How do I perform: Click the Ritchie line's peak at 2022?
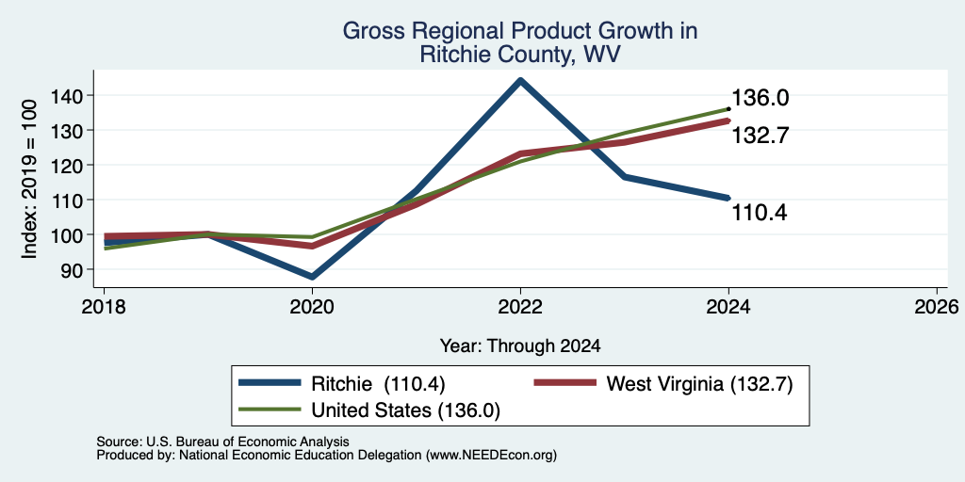coord(520,80)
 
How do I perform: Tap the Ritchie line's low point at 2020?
coord(312,277)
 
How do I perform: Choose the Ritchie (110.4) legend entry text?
coord(379,384)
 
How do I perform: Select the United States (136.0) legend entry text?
coord(405,410)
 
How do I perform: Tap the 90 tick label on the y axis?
coord(74,269)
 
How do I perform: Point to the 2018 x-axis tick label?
coord(104,306)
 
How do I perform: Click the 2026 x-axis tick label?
coord(937,306)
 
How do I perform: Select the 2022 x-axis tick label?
coord(520,306)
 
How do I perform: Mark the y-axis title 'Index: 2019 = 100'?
coord(29,180)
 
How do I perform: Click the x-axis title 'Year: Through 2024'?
coord(520,346)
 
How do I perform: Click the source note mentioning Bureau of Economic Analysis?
coord(222,442)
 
